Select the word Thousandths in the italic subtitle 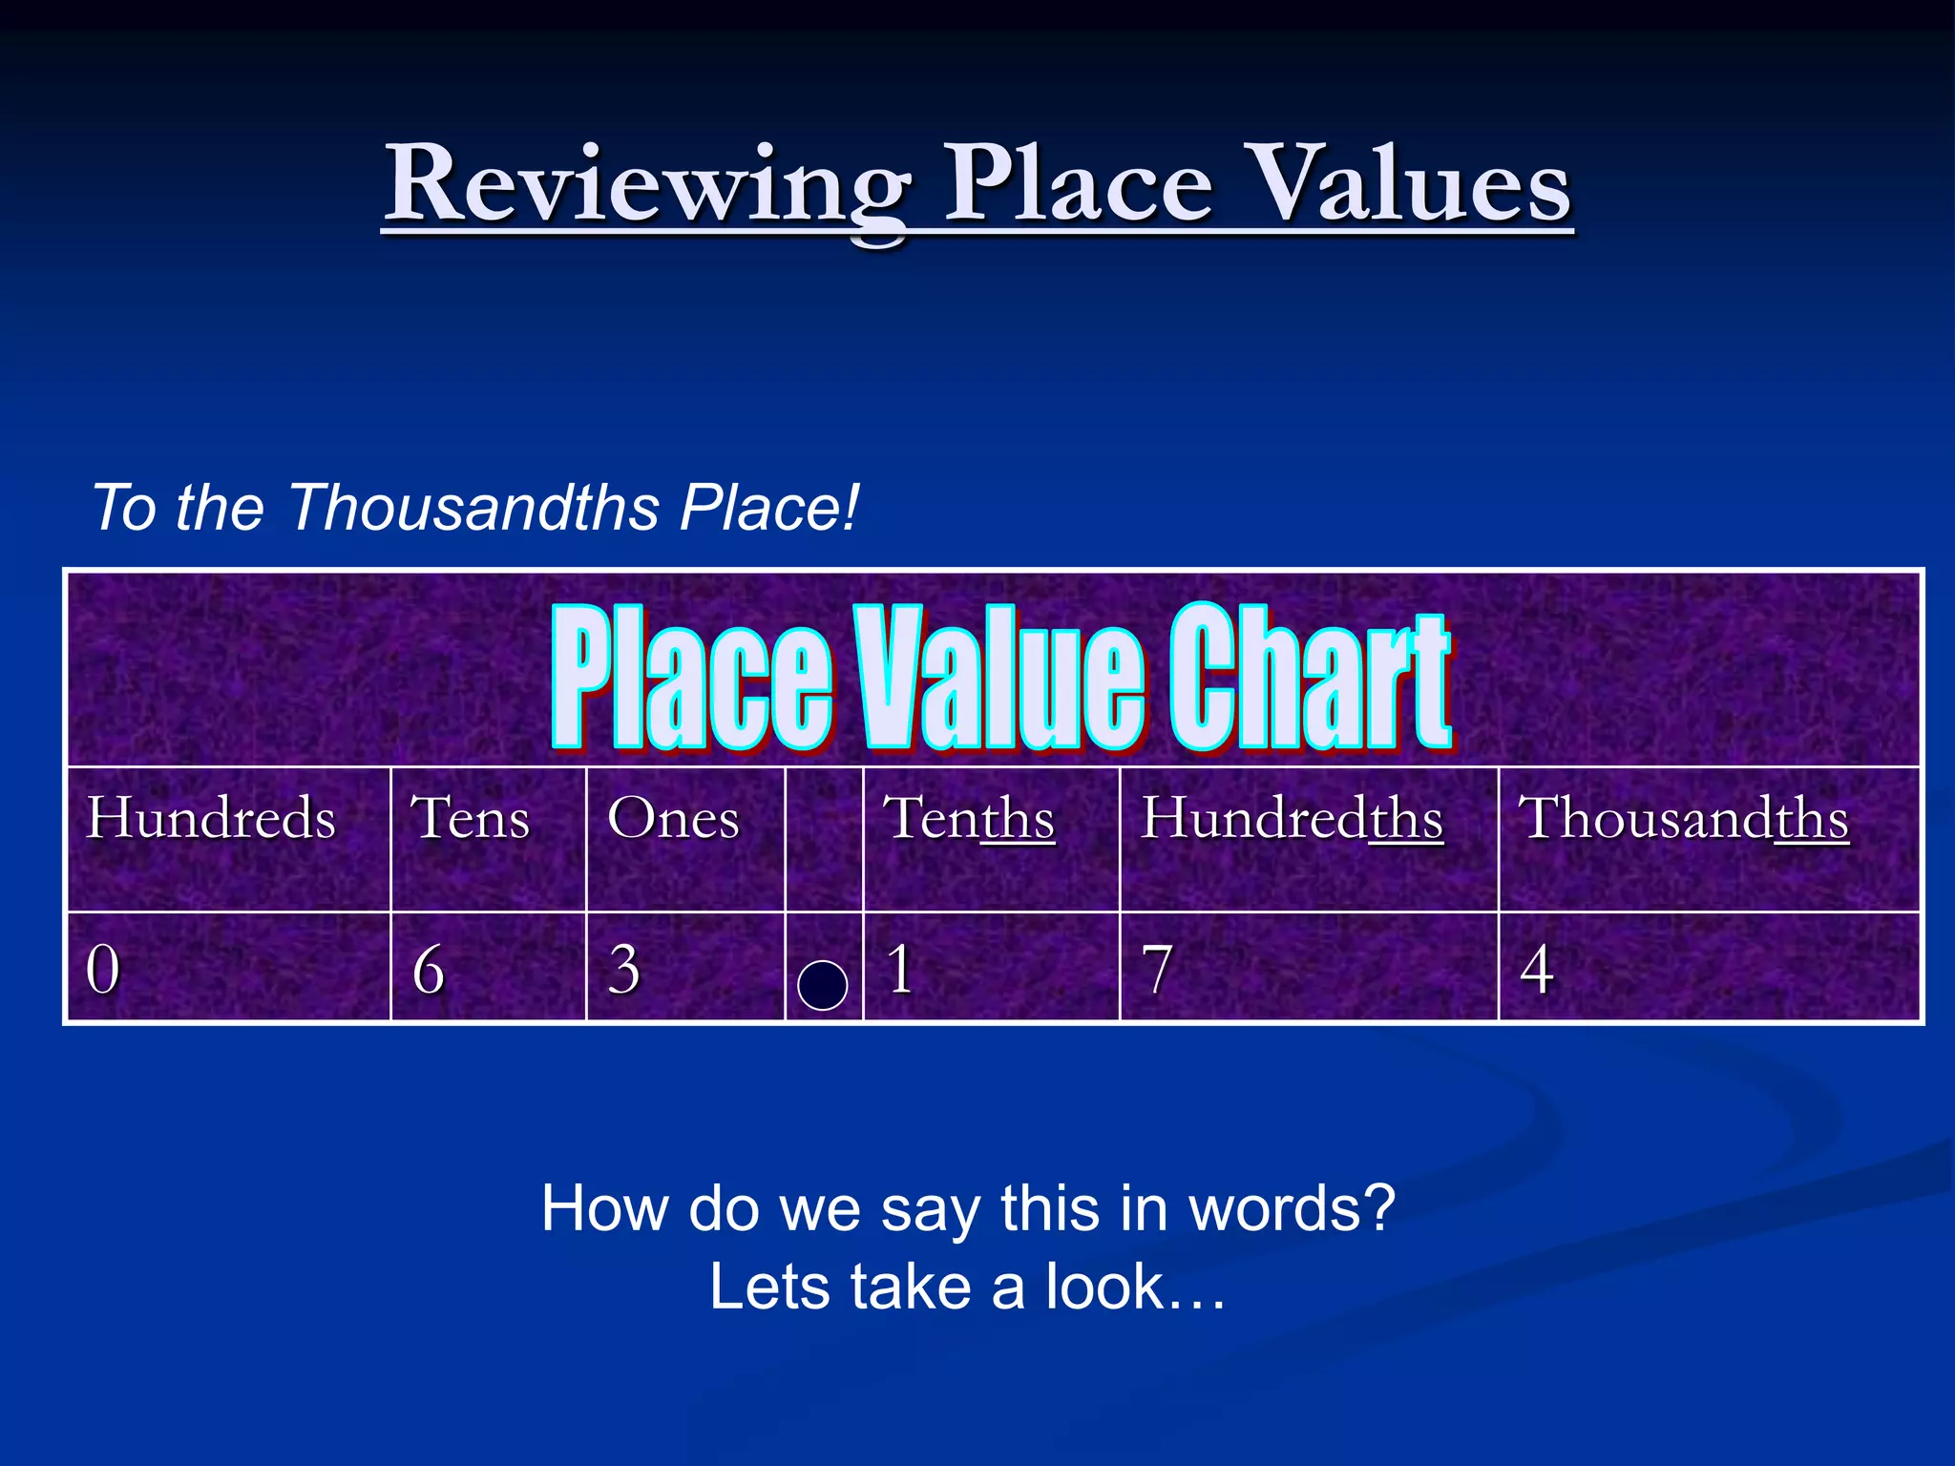click(x=473, y=507)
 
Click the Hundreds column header click(x=211, y=818)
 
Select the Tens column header click(x=470, y=818)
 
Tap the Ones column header click(x=673, y=818)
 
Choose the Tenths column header click(x=969, y=818)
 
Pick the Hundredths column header click(x=1293, y=818)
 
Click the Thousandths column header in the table click(x=1683, y=818)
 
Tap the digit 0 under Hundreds click(x=103, y=970)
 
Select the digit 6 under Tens click(x=429, y=970)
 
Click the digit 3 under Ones click(x=623, y=970)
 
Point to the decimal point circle click(x=822, y=985)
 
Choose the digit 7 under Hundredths click(x=1157, y=970)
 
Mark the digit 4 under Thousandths click(x=1536, y=970)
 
